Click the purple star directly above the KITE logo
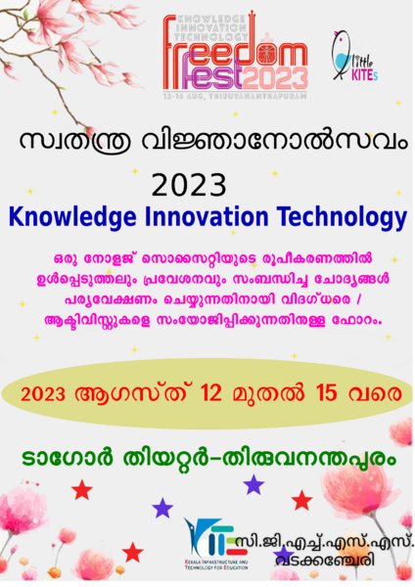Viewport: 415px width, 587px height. click(254, 484)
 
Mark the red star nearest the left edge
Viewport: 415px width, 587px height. click(82, 489)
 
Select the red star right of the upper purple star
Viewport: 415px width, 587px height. click(301, 501)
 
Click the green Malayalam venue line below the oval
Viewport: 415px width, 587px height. click(207, 457)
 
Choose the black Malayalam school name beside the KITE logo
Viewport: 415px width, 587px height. click(323, 548)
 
